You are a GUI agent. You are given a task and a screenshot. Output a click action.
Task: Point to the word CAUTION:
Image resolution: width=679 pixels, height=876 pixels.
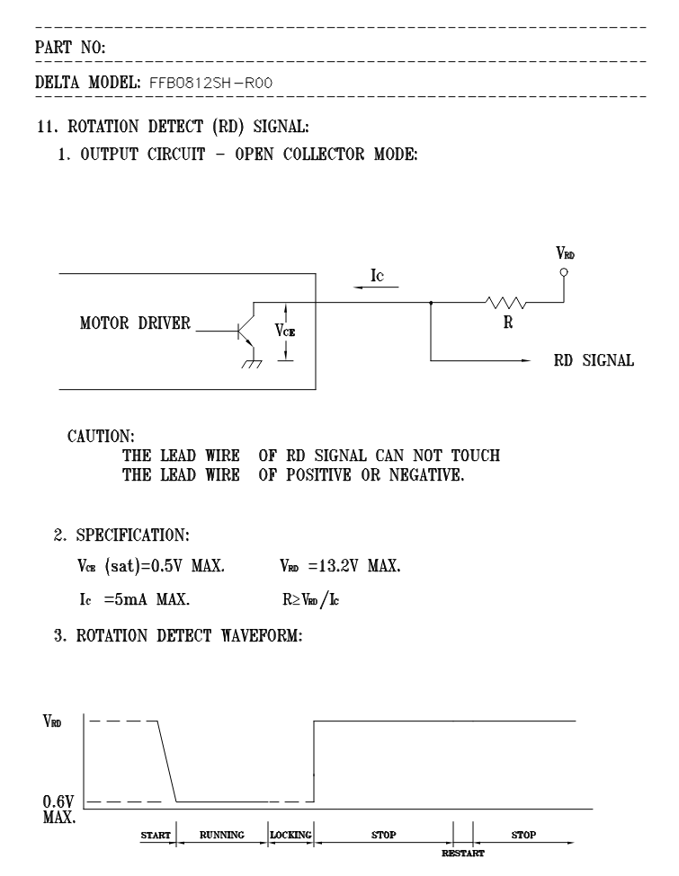tap(101, 437)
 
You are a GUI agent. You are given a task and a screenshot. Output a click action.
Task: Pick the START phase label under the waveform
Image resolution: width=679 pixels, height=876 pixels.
tap(156, 835)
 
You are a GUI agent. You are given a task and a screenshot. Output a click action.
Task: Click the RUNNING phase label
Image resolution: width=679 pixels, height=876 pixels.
tap(221, 835)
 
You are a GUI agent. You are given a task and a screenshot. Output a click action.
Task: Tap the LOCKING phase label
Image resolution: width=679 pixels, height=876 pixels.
tap(290, 835)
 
